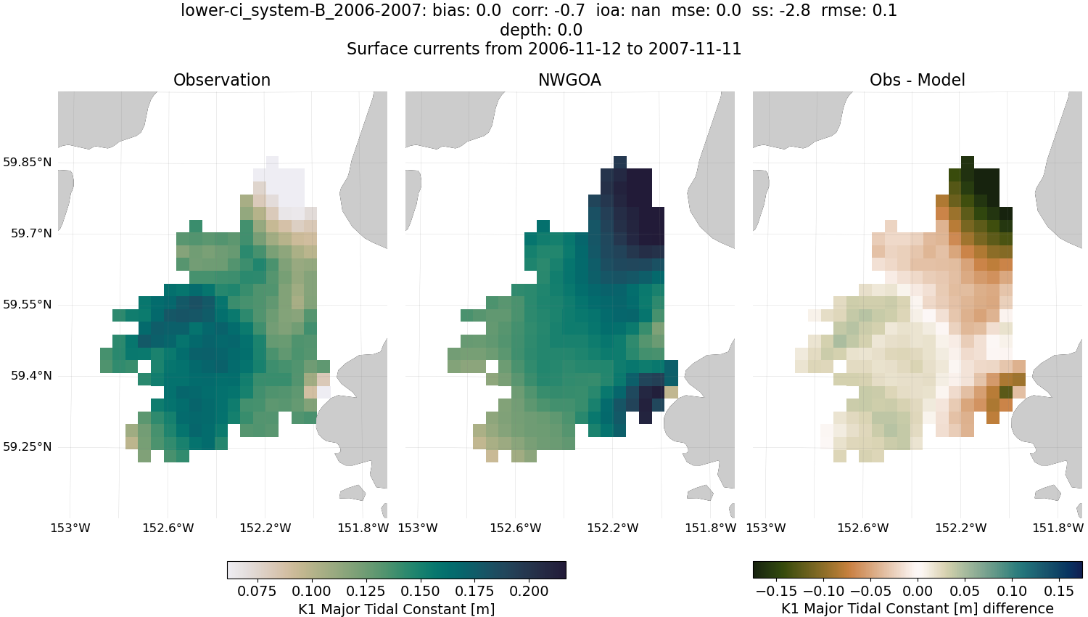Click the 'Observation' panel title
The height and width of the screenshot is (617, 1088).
click(x=222, y=80)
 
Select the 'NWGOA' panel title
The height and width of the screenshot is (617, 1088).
click(x=569, y=80)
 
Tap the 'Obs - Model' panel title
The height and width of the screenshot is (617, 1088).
click(x=917, y=80)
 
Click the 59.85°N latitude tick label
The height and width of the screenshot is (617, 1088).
click(x=27, y=162)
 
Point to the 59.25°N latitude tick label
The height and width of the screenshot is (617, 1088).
click(x=27, y=446)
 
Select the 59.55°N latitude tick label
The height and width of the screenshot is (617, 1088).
click(x=27, y=304)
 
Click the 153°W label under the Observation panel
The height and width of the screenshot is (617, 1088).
click(x=70, y=528)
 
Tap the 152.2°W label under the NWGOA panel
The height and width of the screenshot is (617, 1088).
click(x=613, y=528)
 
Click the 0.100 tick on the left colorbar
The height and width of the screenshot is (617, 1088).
click(x=312, y=591)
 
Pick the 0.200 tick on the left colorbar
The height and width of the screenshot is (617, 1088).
click(x=529, y=591)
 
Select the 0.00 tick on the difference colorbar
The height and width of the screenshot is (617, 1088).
click(x=918, y=591)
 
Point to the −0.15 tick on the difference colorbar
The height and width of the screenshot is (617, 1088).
click(x=776, y=591)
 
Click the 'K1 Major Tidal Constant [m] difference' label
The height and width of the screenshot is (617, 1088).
click(x=917, y=608)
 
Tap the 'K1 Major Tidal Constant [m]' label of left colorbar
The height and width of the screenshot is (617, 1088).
click(x=396, y=609)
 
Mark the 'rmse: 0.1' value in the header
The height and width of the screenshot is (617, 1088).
click(x=859, y=11)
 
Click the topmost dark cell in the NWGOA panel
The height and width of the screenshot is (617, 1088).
click(x=620, y=162)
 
